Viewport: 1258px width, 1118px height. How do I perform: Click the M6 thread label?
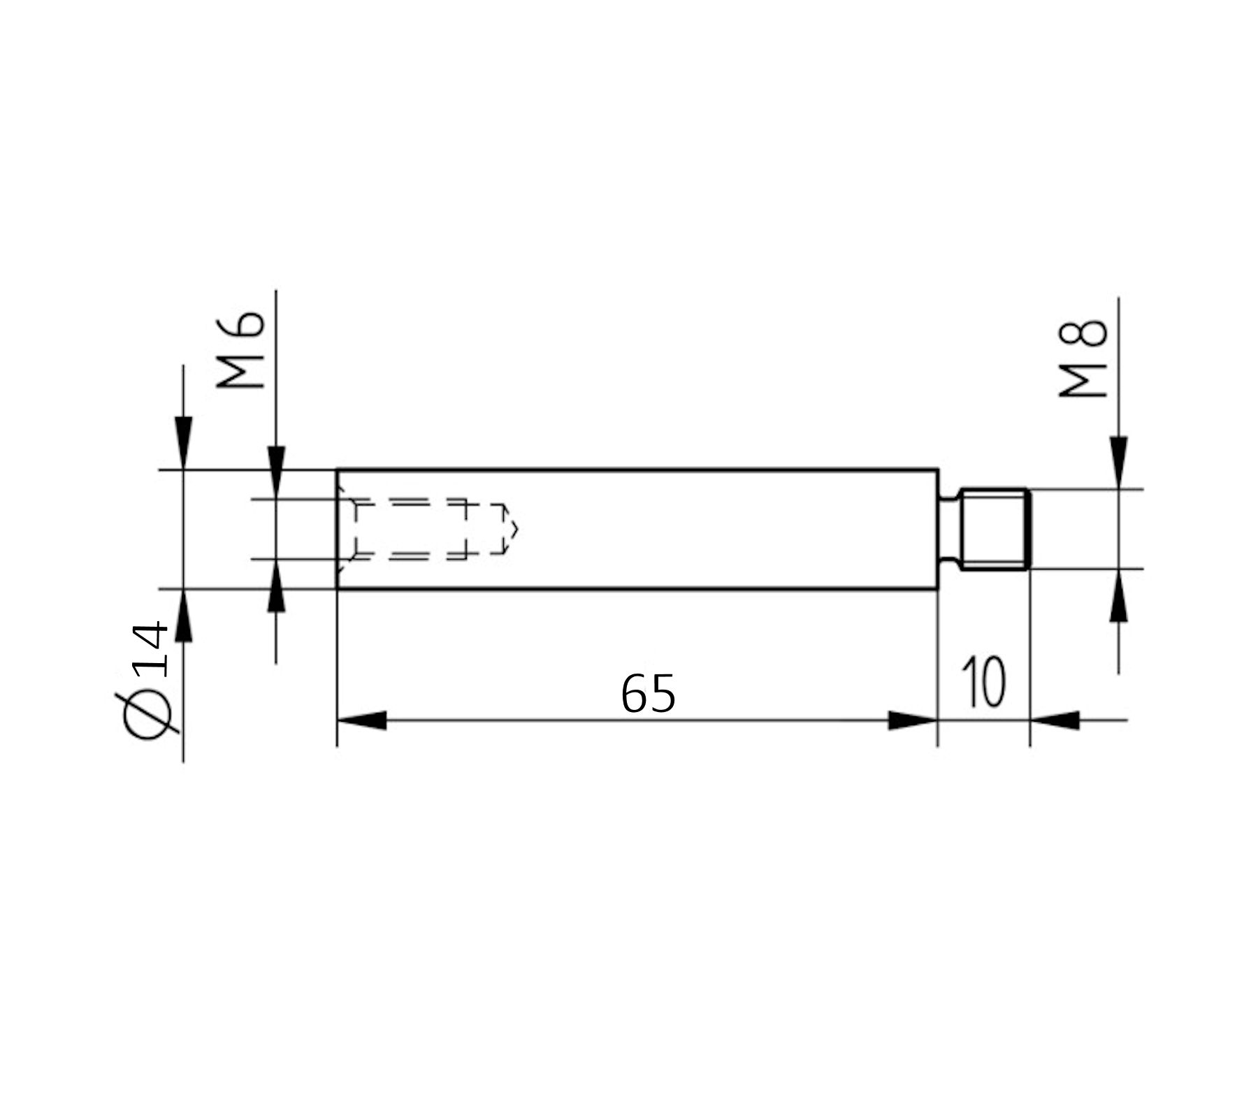tap(241, 350)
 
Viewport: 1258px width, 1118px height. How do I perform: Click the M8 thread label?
tap(1084, 358)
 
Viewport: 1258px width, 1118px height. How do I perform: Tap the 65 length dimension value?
tap(648, 695)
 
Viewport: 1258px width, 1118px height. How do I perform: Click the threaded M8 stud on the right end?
tap(994, 529)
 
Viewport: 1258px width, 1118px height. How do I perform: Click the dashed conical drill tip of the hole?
tap(511, 529)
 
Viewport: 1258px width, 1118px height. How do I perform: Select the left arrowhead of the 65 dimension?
tap(361, 720)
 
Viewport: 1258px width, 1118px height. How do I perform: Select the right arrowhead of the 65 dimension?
tap(912, 720)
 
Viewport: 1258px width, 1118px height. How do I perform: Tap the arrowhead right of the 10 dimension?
tap(1055, 720)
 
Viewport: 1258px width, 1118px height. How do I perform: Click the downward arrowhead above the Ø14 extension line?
tap(183, 442)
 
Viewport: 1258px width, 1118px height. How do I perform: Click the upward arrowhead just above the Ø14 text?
tap(183, 616)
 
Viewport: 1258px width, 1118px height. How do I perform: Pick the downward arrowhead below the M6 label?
tap(276, 471)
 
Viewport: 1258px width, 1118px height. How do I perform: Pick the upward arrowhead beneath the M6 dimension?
tap(276, 587)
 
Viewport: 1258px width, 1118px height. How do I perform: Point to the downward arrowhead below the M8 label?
tap(1118, 461)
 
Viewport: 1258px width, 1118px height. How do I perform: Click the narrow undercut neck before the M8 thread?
tap(949, 529)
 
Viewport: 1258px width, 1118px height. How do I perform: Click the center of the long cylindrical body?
tap(637, 529)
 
